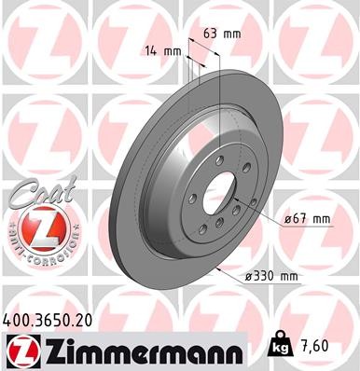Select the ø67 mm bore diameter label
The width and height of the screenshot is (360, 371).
point(309,219)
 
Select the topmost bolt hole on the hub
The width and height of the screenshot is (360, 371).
point(220,171)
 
